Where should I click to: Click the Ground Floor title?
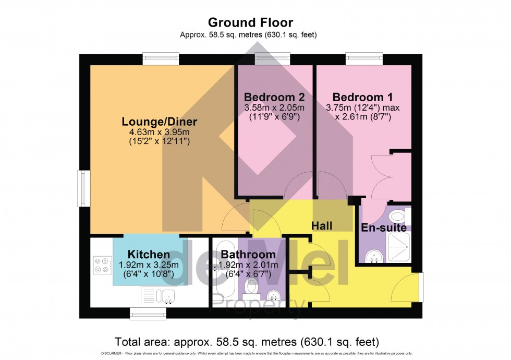[x=250, y=22]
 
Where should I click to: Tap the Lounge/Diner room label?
[x=159, y=122]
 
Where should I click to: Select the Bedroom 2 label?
[x=274, y=97]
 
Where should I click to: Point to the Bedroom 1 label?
[x=362, y=97]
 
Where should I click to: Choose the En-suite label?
[x=384, y=227]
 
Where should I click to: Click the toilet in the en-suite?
[x=397, y=216]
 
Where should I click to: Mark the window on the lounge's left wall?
[x=82, y=187]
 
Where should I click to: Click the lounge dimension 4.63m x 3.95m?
[x=159, y=133]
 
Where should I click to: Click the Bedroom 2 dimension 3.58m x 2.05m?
[x=274, y=107]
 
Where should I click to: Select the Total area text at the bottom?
[x=247, y=342]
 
